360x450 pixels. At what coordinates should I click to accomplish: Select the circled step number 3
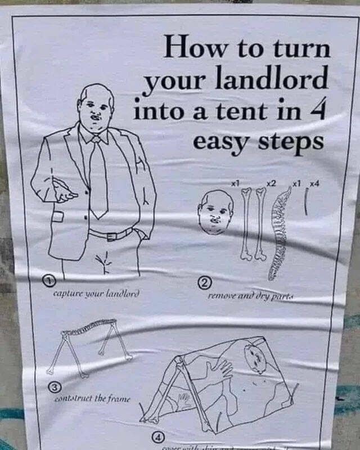[x=53, y=387]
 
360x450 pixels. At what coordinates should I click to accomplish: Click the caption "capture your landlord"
[x=96, y=293]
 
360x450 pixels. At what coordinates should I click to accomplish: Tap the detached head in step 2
[x=215, y=213]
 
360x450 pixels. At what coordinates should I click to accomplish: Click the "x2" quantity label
[x=271, y=183]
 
